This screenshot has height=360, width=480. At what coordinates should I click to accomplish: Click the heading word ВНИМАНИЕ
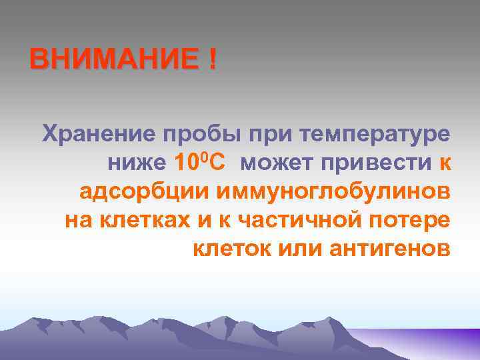pos(113,61)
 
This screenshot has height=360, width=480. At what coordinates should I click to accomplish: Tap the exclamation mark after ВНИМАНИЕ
pos(212,61)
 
